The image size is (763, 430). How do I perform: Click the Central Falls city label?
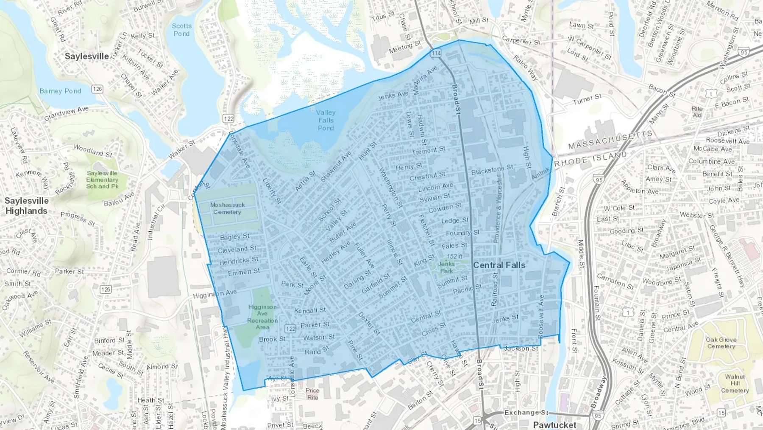click(499, 265)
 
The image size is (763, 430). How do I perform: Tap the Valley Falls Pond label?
click(326, 120)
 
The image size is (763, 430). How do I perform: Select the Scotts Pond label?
click(182, 30)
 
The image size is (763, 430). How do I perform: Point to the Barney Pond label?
click(60, 91)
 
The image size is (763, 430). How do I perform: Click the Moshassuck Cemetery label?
click(227, 208)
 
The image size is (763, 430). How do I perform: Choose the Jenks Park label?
click(447, 267)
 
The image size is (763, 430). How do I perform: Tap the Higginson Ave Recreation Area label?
click(262, 317)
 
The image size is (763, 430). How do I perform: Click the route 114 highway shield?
click(436, 53)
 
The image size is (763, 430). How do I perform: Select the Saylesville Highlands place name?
click(27, 206)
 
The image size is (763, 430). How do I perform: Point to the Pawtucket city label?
click(554, 424)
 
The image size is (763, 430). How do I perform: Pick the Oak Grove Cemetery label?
click(721, 343)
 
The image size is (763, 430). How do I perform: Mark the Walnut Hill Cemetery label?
click(735, 383)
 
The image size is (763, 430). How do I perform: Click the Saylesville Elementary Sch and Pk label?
click(102, 180)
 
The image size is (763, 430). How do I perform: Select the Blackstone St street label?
click(492, 170)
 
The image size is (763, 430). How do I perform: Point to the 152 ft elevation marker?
click(454, 256)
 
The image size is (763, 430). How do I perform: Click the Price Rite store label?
click(312, 394)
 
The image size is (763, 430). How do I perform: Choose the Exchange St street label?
click(526, 413)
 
